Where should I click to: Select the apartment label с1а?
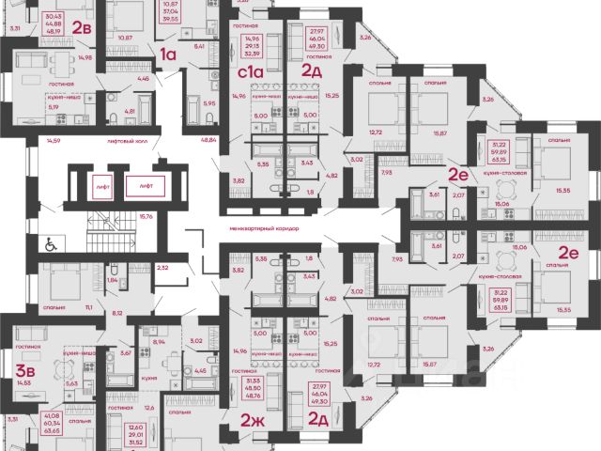pos(249,70)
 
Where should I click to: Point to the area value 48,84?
pos(196,139)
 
